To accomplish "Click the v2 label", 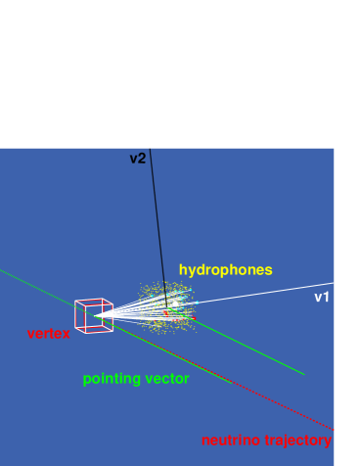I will click(x=137, y=158).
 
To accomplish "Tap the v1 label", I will click(x=321, y=297).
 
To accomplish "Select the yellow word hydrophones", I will click(x=225, y=269).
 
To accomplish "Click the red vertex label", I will click(x=49, y=334).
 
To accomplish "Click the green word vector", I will click(x=166, y=378).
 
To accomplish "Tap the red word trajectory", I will click(x=297, y=441).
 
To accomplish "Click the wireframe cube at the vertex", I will click(x=93, y=315).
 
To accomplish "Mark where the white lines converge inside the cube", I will click(x=96, y=316).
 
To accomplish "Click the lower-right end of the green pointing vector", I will click(x=303, y=373).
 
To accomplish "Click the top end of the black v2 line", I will click(x=151, y=150).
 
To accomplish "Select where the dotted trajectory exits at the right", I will click(x=333, y=428).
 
